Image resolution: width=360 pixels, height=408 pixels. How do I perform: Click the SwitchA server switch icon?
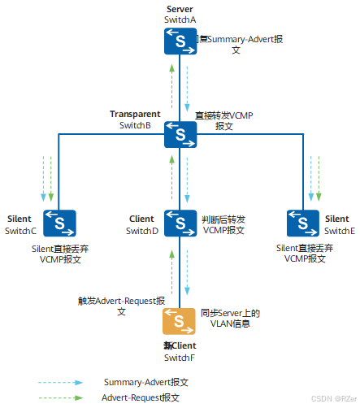pos(180,41)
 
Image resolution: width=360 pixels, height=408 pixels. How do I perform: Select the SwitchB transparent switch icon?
pos(180,133)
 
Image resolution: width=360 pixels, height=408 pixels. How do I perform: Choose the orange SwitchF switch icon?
pos(180,322)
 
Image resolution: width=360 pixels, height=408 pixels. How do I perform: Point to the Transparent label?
pos(134,114)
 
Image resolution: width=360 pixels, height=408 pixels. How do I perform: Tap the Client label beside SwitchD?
pos(141,219)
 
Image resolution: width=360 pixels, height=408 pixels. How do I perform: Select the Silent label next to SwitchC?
pos(20,219)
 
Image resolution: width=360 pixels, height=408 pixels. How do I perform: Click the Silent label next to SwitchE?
pos(337,219)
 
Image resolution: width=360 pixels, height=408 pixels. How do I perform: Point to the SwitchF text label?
pos(180,358)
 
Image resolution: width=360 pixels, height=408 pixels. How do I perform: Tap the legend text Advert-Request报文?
pos(141,397)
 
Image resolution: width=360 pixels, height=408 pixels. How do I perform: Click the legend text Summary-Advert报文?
pos(146,381)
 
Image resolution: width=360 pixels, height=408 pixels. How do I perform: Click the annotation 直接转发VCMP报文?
pos(225,121)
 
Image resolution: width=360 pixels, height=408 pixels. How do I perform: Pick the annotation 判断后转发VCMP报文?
pos(223,225)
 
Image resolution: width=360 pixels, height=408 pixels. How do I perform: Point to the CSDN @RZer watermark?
pos(333,399)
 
